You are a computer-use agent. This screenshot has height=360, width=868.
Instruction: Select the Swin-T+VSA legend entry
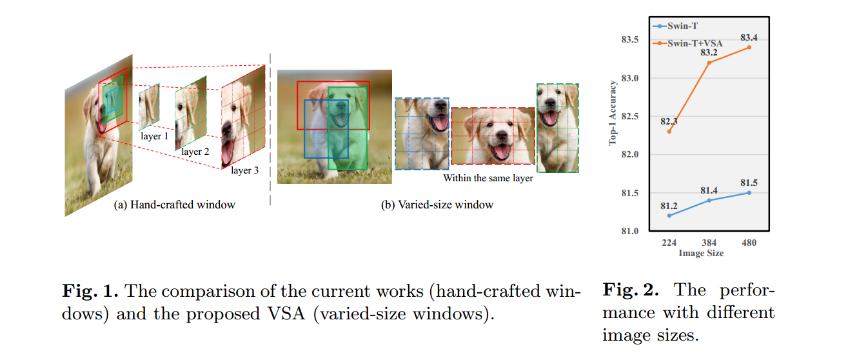click(689, 43)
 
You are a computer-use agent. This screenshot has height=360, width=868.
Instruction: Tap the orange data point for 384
click(709, 63)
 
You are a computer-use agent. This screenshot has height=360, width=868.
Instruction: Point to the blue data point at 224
click(669, 215)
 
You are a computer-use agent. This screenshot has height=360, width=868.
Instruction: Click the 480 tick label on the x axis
click(749, 243)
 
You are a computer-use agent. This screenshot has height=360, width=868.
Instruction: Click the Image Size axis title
click(701, 254)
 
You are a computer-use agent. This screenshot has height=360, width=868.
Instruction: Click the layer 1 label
click(154, 137)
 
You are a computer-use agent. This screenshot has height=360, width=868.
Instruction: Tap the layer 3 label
click(245, 170)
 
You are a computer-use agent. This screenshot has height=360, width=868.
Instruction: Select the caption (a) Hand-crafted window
click(174, 205)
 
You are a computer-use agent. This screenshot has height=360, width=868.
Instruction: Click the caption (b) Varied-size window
click(437, 205)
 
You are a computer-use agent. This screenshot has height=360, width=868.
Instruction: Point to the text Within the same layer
click(488, 178)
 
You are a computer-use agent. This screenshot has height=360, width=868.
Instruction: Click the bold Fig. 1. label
click(90, 291)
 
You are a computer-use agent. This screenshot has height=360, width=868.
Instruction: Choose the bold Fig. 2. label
click(631, 290)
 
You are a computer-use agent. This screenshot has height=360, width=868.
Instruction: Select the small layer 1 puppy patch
click(149, 106)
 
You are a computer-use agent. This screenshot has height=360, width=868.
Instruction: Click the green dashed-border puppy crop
click(558, 128)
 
